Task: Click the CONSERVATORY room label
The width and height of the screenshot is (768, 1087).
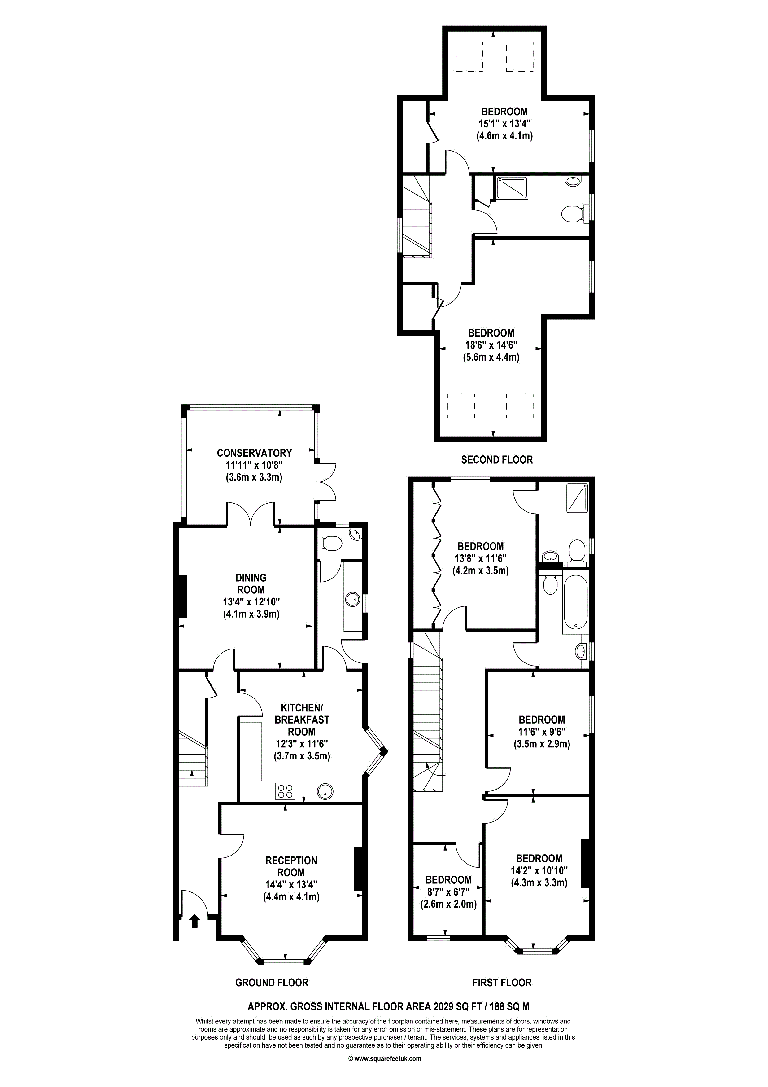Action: point(254,453)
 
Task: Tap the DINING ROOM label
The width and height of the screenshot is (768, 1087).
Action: point(251,584)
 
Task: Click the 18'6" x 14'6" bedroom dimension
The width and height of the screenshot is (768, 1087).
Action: point(491,345)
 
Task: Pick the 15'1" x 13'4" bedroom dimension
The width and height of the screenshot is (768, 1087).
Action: point(504,124)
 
